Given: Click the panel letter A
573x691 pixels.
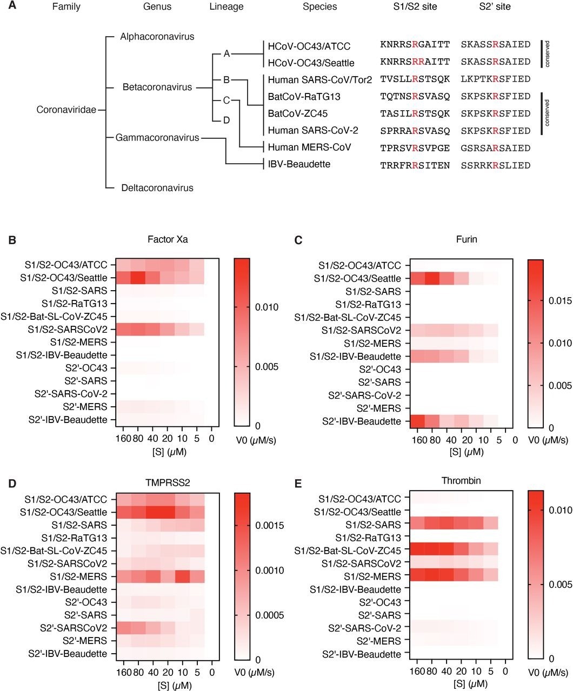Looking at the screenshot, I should pyautogui.click(x=12, y=7).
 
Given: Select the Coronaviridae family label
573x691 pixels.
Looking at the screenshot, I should pyautogui.click(x=66, y=110).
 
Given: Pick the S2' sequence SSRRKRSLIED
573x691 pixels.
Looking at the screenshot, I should pyautogui.click(x=496, y=165).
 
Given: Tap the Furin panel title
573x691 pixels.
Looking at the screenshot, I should pyautogui.click(x=465, y=239).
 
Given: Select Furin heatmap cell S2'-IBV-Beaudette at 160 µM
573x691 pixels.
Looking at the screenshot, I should pyautogui.click(x=418, y=421).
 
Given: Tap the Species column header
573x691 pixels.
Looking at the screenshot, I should pyautogui.click(x=319, y=7).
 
